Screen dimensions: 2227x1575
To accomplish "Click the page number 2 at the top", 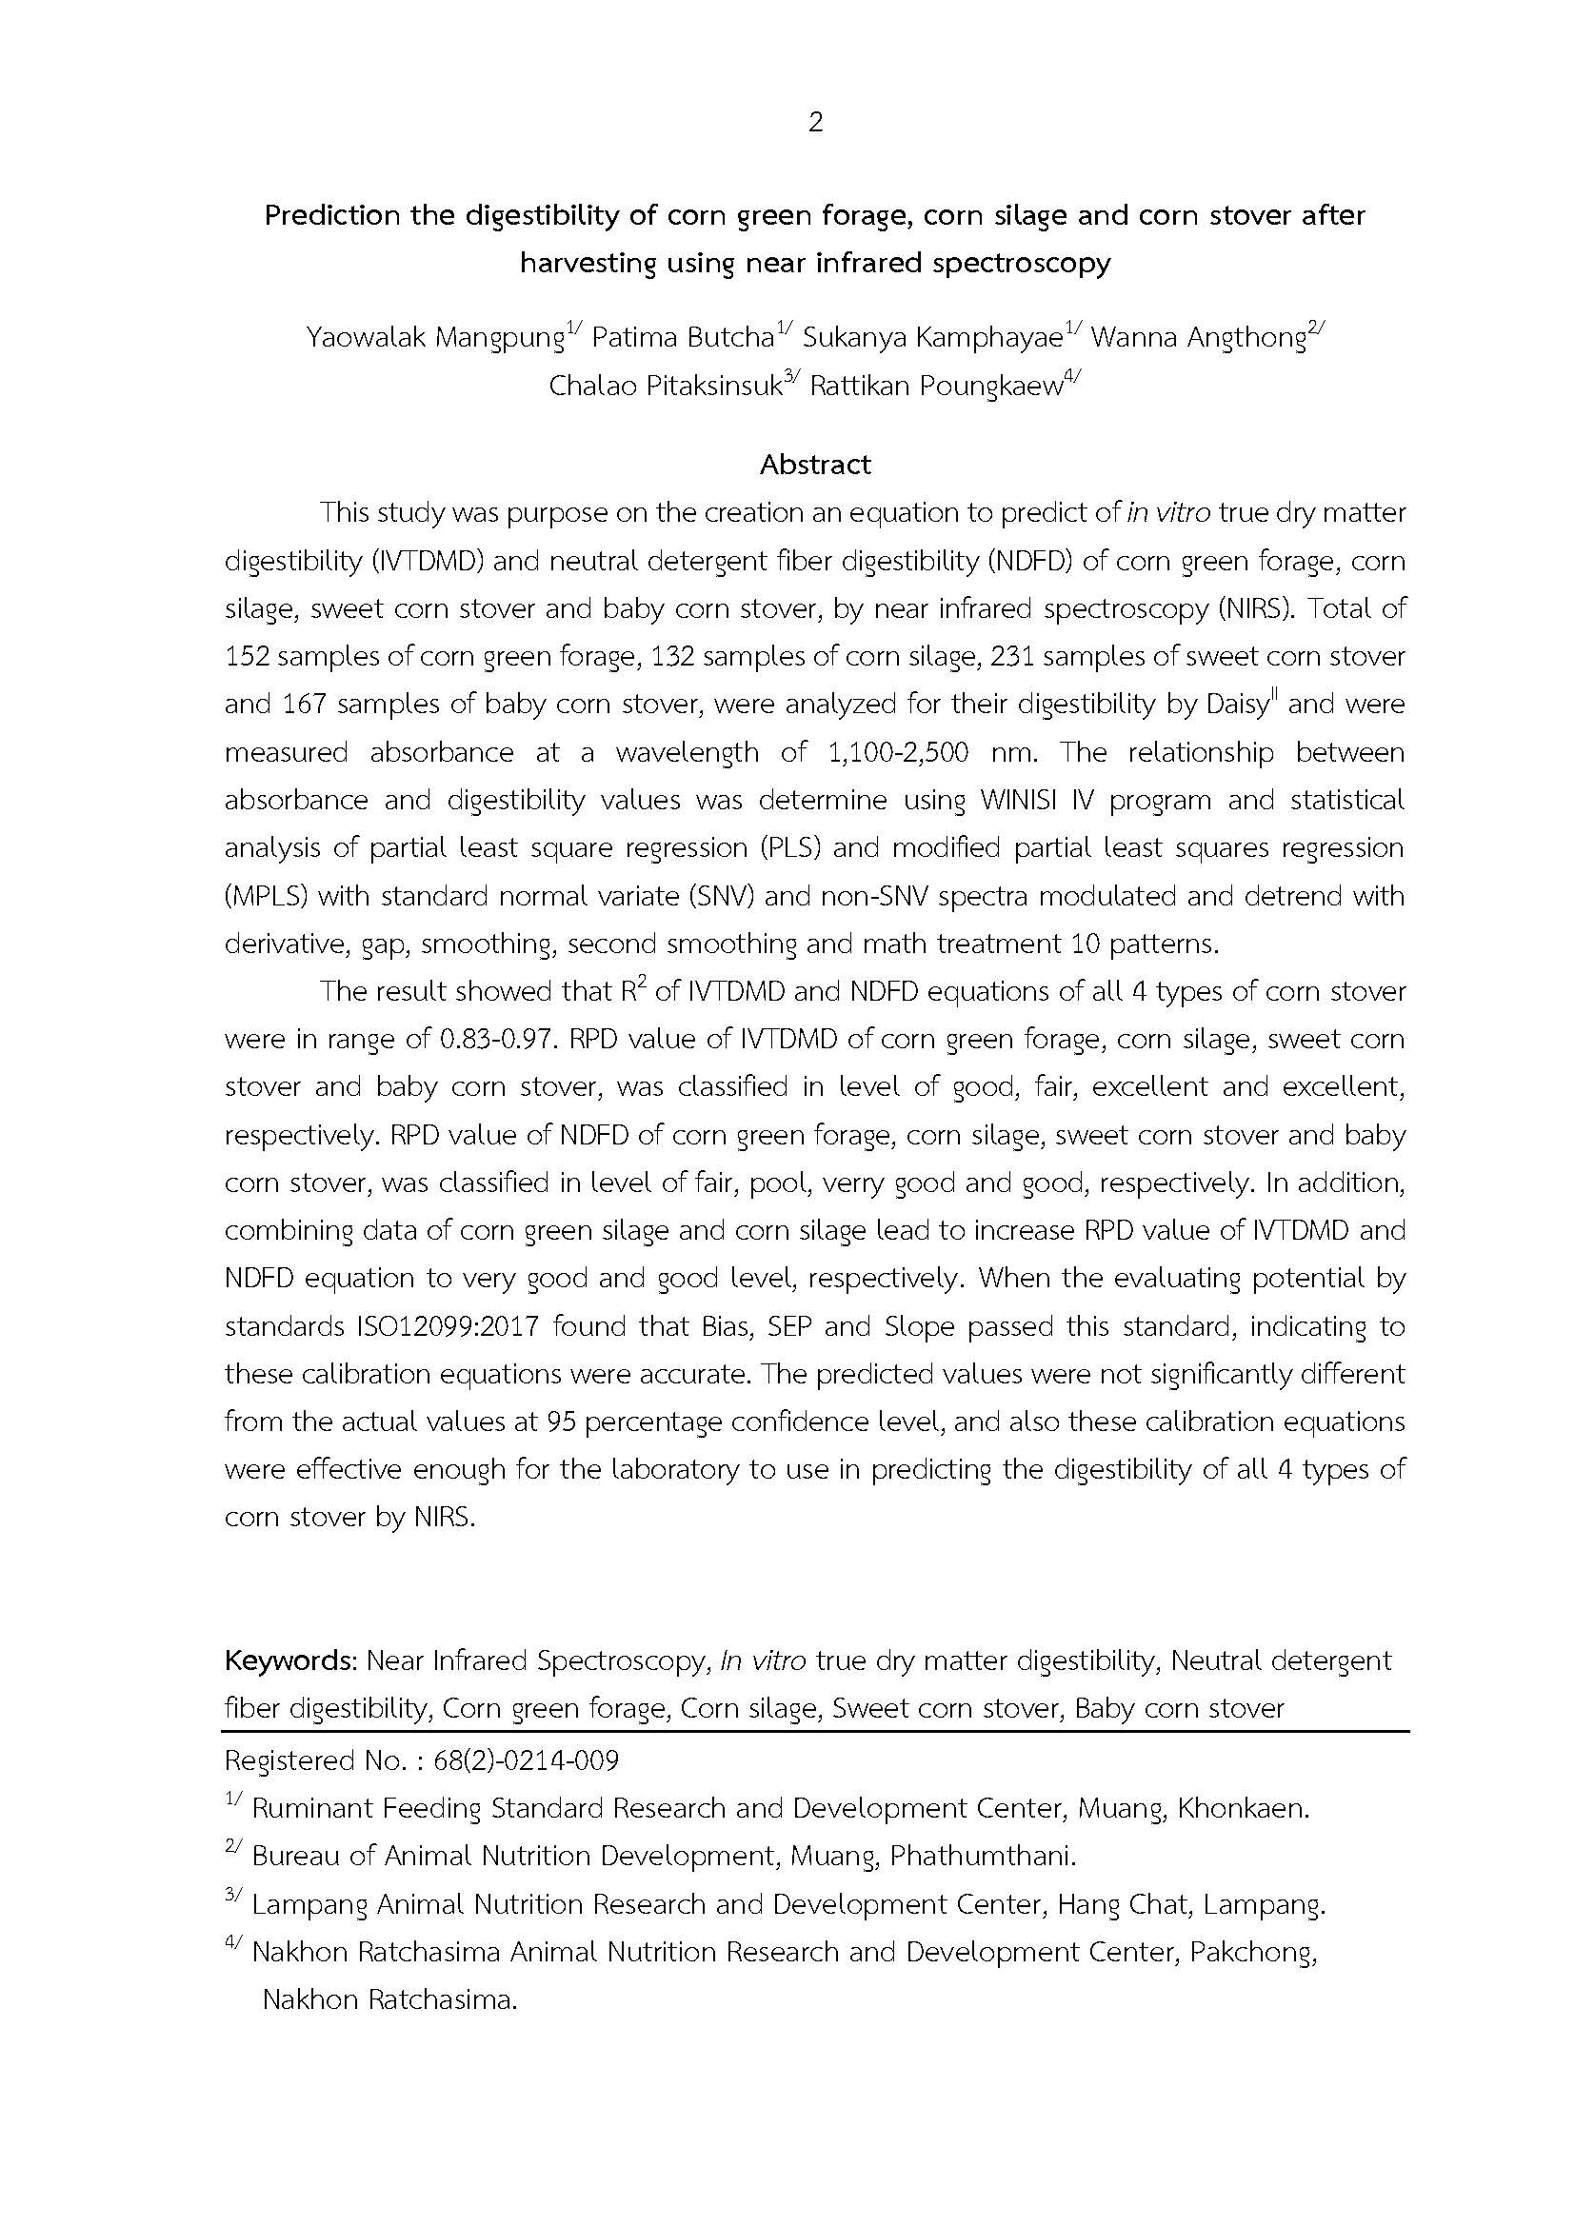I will pos(815,122).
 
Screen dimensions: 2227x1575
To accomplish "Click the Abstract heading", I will pos(815,465).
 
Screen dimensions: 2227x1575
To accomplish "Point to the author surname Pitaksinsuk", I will pos(714,386).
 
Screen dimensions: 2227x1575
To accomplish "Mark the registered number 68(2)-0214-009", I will pos(526,1760).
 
